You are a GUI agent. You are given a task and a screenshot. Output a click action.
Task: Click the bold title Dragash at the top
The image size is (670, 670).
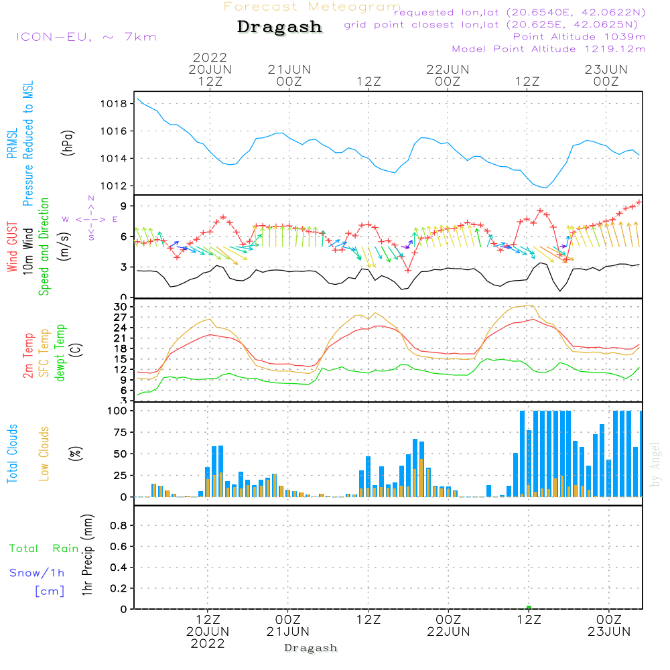(x=279, y=27)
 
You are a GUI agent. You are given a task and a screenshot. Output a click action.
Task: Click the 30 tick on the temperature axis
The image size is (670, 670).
(x=121, y=307)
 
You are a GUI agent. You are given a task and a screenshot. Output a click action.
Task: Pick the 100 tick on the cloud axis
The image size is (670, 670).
(x=118, y=411)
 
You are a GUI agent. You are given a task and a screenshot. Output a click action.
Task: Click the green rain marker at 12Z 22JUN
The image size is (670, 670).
(x=529, y=607)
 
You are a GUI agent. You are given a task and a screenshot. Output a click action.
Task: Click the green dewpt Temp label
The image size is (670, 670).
(x=60, y=352)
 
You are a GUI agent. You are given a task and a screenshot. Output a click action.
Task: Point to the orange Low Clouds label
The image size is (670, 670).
(x=44, y=454)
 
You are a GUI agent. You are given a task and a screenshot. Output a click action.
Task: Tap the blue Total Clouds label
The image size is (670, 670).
(x=13, y=454)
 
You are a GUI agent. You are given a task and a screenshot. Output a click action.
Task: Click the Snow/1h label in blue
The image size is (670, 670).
(x=38, y=573)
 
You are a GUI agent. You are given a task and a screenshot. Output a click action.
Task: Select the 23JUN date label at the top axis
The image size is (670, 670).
(x=606, y=69)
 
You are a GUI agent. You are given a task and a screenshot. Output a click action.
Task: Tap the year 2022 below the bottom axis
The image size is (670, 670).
(x=208, y=644)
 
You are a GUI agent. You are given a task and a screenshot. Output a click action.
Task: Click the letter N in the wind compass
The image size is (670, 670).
(x=90, y=198)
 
